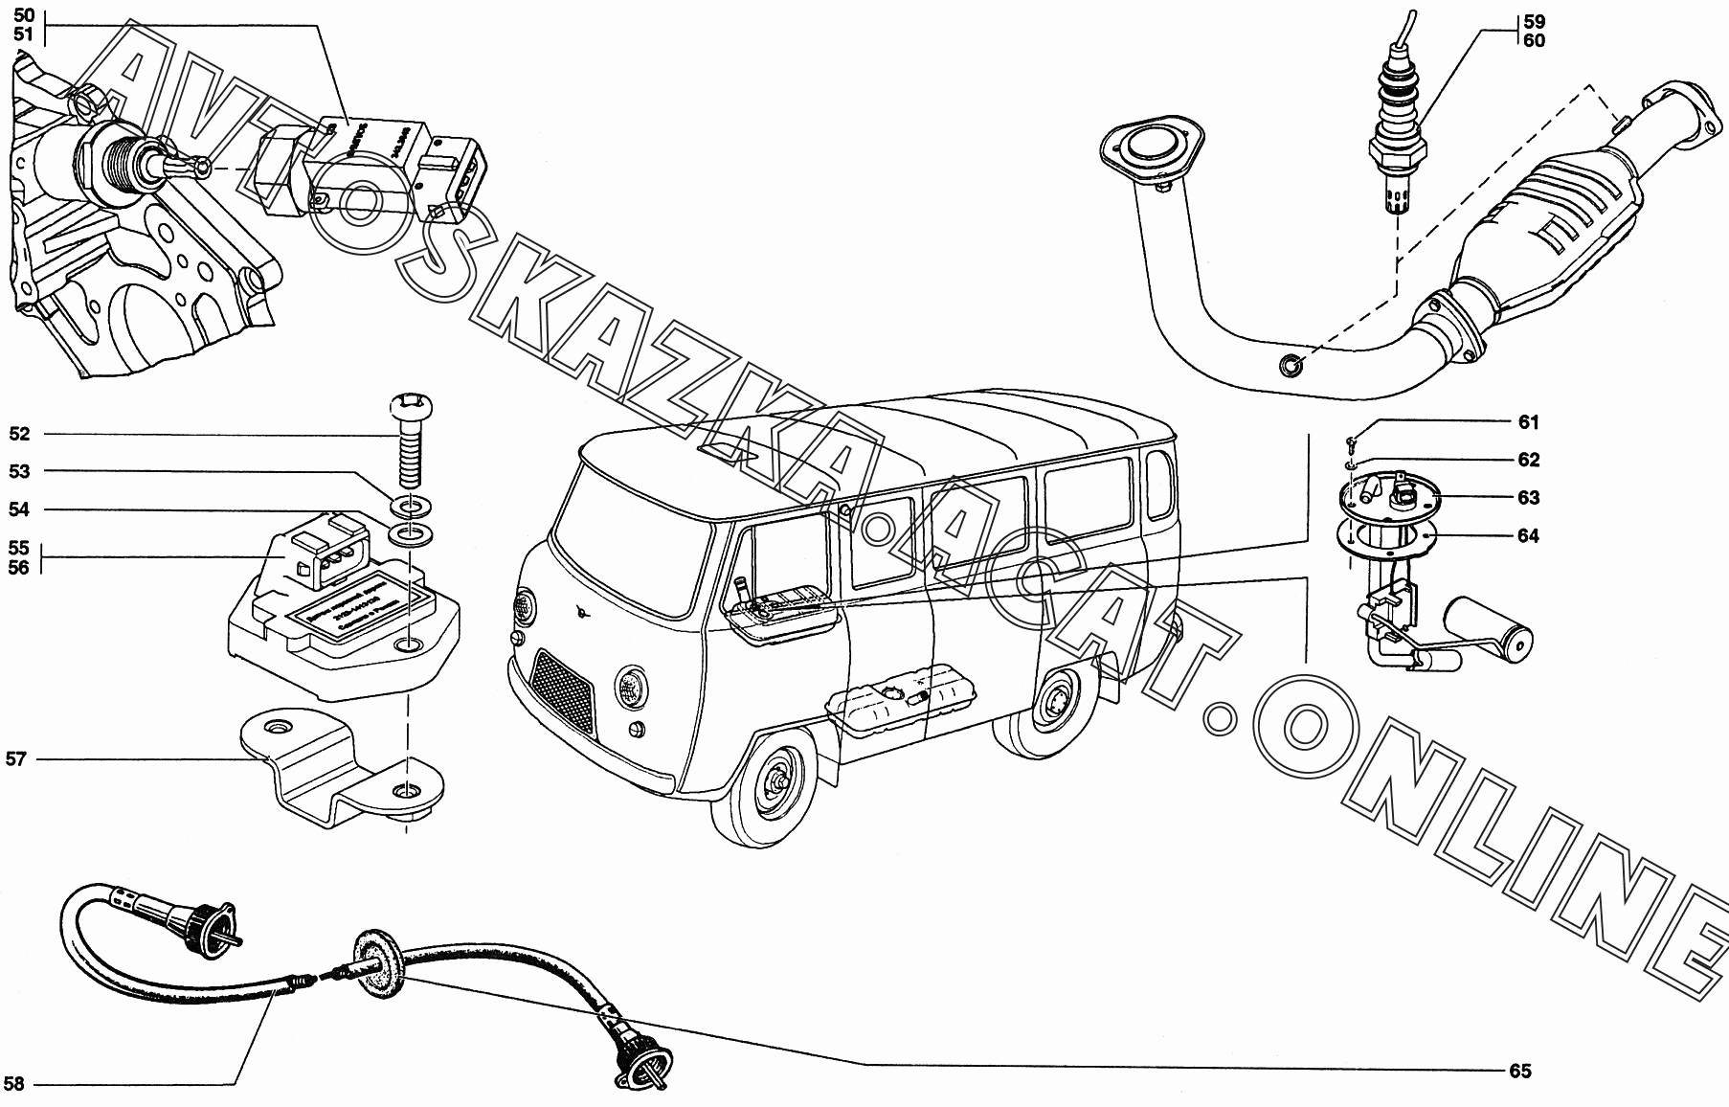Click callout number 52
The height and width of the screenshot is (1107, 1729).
(x=19, y=434)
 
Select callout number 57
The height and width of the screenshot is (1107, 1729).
(x=16, y=759)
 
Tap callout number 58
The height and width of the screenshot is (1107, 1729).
(x=14, y=1085)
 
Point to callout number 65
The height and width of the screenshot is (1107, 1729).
(x=1520, y=1071)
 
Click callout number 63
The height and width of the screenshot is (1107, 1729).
(x=1528, y=497)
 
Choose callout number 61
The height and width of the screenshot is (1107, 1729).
(x=1528, y=422)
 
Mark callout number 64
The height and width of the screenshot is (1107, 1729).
(x=1528, y=535)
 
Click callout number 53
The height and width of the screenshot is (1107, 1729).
(x=19, y=471)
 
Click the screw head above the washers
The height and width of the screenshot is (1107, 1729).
(x=408, y=409)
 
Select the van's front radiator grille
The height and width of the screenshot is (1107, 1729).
(x=565, y=686)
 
